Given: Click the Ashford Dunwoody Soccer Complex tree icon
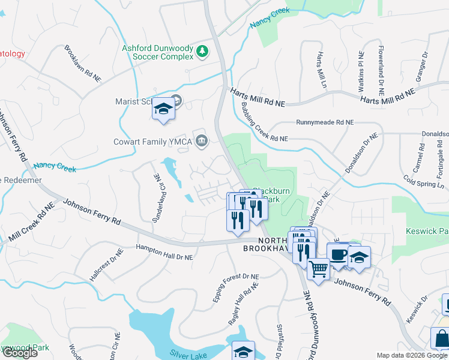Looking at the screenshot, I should tap(203, 52).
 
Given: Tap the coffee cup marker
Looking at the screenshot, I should tap(338, 254).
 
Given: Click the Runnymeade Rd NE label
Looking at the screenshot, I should tap(325, 122).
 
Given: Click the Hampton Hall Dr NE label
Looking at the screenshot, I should tap(164, 252).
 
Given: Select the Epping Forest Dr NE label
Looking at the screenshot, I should tap(235, 287).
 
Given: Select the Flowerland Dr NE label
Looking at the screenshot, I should tap(380, 67).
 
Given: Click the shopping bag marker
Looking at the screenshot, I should tap(441, 338).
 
